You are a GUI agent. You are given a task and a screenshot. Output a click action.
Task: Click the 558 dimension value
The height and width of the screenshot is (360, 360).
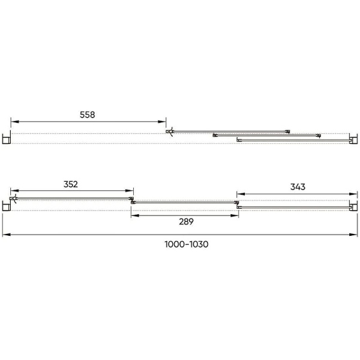tap(87, 115)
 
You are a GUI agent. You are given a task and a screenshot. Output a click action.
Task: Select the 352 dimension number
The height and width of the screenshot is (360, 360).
tap(71, 184)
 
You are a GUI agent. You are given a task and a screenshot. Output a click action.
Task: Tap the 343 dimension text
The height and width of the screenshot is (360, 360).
tap(298, 187)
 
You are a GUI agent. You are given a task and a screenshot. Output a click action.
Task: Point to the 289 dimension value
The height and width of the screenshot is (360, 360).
tap(186, 221)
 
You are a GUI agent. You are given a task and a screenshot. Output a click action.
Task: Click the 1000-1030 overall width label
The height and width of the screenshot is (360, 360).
tap(187, 244)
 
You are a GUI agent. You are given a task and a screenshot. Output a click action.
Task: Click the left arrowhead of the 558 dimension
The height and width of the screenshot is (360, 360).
tap(14, 121)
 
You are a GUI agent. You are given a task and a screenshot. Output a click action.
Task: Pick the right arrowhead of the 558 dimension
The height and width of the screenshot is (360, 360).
tap(162, 121)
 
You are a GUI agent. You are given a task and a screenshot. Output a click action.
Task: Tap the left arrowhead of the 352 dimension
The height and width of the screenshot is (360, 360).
tap(14, 191)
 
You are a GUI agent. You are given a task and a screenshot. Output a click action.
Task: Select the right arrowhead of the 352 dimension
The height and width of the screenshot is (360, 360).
tap(130, 191)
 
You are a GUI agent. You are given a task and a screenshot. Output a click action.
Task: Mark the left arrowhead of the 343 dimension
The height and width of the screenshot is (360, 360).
tap(241, 194)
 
